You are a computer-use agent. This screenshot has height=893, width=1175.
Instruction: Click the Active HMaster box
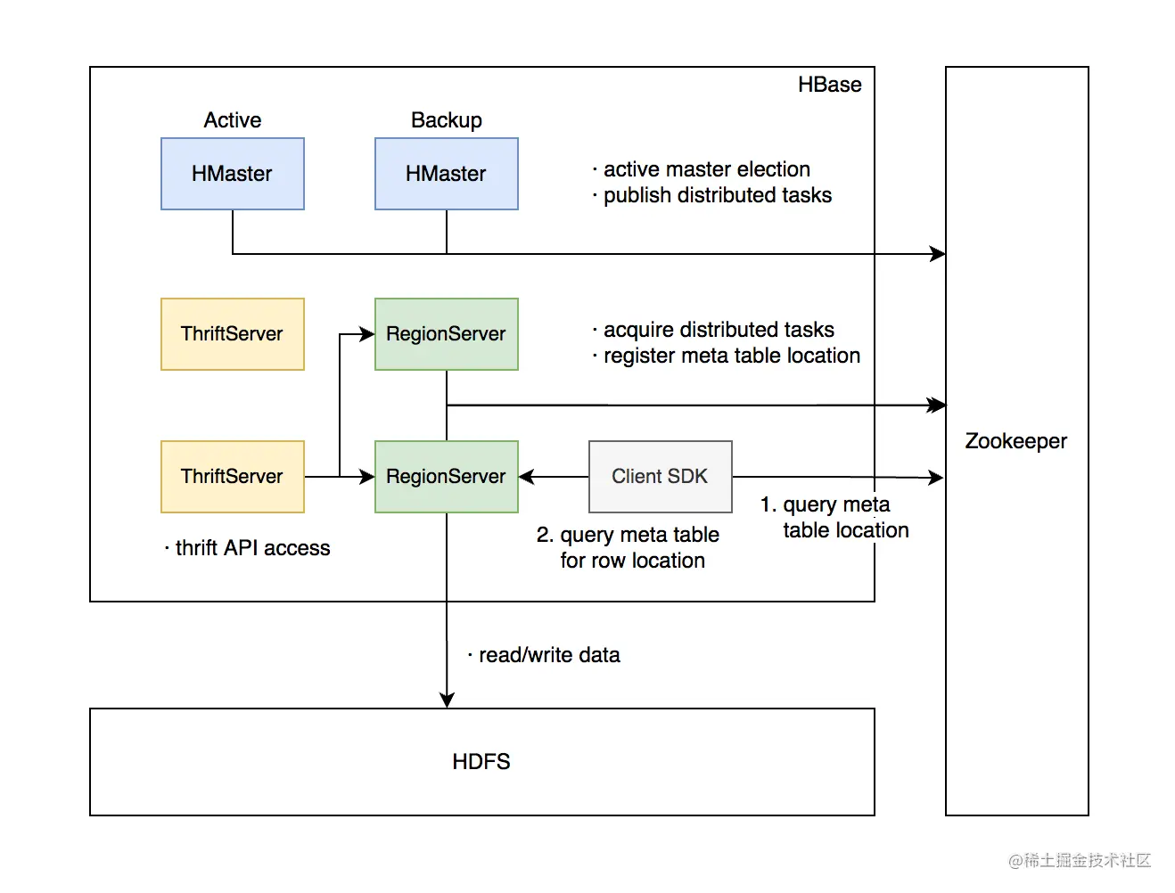tap(232, 174)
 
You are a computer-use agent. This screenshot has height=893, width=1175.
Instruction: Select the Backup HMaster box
tap(446, 174)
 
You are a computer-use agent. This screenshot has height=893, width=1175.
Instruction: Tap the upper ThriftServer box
tap(232, 334)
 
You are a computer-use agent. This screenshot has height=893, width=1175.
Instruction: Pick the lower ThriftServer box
tap(232, 477)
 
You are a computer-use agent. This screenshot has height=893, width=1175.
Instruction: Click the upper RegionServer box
tap(446, 334)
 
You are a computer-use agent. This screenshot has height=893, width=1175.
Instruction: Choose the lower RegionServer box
tap(446, 477)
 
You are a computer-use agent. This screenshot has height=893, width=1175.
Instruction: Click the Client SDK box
tap(660, 477)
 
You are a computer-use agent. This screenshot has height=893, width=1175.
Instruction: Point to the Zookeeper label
tap(1015, 441)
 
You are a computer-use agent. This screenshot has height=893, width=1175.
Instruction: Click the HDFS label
tap(481, 762)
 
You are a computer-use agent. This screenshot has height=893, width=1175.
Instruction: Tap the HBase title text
tap(829, 85)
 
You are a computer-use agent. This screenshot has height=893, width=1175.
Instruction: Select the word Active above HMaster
tap(232, 120)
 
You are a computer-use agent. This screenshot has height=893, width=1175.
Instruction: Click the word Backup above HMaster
tap(446, 120)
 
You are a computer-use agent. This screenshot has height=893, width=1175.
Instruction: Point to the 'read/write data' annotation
tap(548, 655)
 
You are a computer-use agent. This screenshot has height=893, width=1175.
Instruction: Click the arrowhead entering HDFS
tap(447, 700)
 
